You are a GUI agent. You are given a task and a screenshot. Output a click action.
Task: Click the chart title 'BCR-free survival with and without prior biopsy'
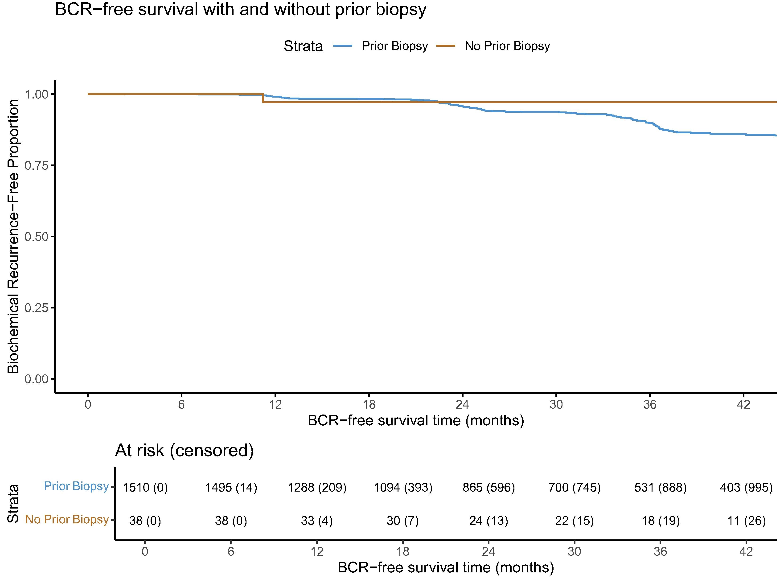click(x=241, y=9)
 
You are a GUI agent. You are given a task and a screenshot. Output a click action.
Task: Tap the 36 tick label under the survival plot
click(x=650, y=404)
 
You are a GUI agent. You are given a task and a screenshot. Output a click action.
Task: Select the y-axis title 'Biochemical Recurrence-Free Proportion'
click(x=13, y=236)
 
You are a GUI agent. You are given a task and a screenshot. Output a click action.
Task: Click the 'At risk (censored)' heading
click(x=185, y=451)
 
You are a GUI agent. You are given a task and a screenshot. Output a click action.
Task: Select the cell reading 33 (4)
click(x=317, y=521)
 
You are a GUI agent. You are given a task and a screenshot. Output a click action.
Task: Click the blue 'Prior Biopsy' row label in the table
click(x=76, y=486)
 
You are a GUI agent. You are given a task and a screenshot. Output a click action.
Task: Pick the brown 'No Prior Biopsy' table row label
click(x=67, y=519)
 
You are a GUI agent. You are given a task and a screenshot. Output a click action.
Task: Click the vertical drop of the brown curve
click(x=263, y=98)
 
